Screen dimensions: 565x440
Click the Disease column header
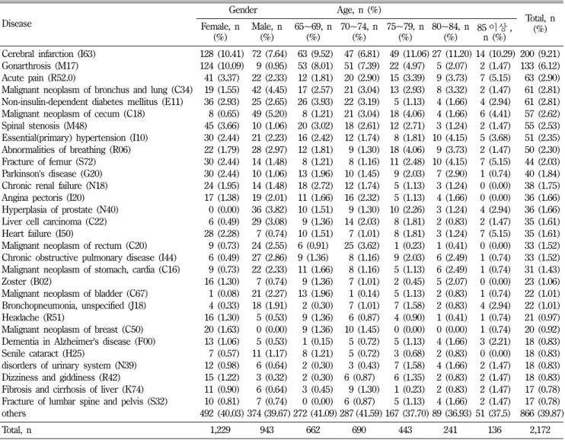click(x=17, y=24)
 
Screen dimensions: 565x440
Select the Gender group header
click(x=243, y=10)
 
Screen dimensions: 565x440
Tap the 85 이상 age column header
click(x=494, y=32)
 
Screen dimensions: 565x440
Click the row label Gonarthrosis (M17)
click(x=40, y=66)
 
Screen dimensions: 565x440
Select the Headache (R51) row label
click(x=34, y=317)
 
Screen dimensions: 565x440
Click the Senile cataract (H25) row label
click(x=43, y=353)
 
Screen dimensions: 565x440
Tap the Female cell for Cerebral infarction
click(x=222, y=54)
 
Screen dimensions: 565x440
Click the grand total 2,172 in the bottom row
click(x=540, y=430)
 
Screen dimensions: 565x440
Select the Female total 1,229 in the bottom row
click(x=220, y=430)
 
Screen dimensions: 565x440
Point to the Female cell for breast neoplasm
click(x=224, y=330)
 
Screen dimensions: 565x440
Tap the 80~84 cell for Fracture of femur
click(x=452, y=162)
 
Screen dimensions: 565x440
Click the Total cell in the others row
click(x=541, y=413)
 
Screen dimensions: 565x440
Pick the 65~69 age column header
click(x=313, y=32)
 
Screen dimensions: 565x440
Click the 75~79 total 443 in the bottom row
click(x=405, y=430)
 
